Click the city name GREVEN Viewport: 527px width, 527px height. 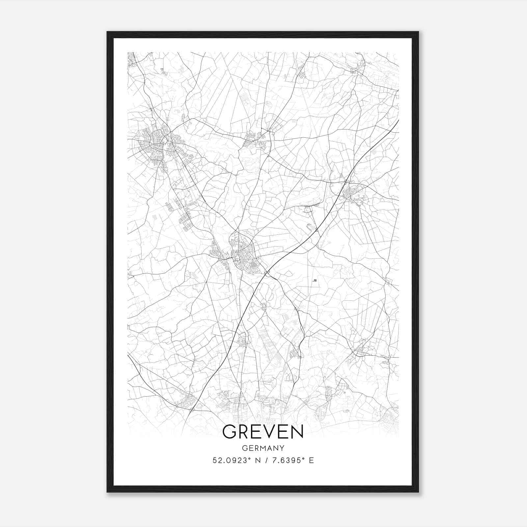point(263,431)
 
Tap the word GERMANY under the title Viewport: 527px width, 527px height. point(263,448)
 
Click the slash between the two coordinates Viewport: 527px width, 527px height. point(263,460)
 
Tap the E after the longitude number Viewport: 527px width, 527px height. point(311,460)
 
